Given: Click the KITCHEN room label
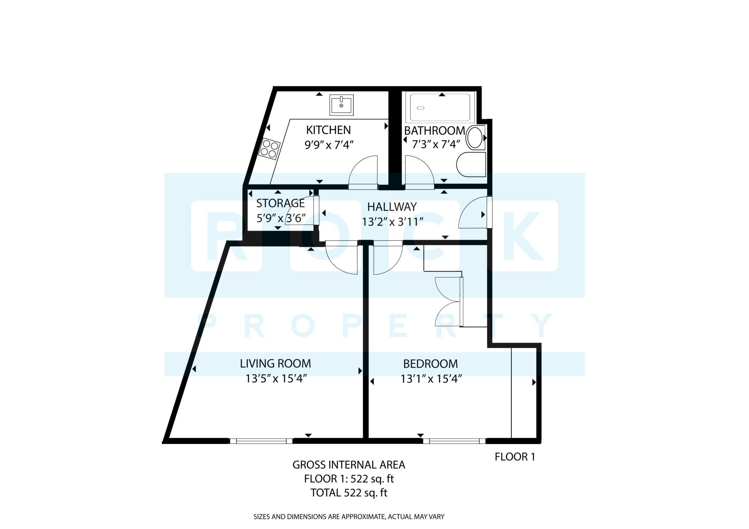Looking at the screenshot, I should point(328,130).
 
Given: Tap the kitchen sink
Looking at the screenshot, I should point(341,105).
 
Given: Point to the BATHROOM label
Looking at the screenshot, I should point(434,130).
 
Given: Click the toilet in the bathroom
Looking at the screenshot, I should point(471,164).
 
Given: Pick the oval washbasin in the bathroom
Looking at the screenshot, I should point(475,138).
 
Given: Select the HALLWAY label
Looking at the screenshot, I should point(392,207).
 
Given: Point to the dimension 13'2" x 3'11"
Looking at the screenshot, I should point(392,222).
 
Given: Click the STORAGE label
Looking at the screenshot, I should point(280,203).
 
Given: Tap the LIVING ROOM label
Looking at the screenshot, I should point(275,364).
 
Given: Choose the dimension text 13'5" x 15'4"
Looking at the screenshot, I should point(275,379).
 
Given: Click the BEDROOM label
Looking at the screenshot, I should point(430,364).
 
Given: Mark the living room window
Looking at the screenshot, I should point(261,441).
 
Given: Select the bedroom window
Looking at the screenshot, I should point(454,441).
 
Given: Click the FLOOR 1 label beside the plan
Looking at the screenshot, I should point(515,457).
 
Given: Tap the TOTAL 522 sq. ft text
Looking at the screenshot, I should point(349,493).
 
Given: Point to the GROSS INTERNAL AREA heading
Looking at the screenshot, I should point(349,465).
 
